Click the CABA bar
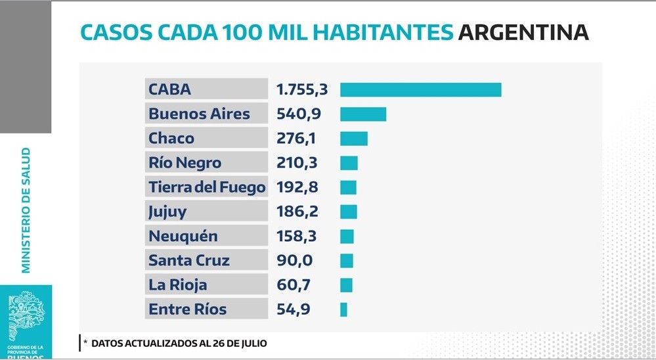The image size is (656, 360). (420, 90)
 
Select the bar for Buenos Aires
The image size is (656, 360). (363, 114)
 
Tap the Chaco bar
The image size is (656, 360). (354, 139)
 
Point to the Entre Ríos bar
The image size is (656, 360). (343, 309)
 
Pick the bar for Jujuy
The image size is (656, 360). (349, 212)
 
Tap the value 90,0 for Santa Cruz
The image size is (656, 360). (295, 261)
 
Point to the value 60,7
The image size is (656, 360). (294, 285)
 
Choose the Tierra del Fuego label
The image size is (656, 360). (207, 187)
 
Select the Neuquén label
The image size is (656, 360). (183, 236)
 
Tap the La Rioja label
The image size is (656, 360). (178, 285)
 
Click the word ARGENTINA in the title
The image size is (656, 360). (523, 32)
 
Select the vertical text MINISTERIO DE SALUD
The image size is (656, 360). (26, 210)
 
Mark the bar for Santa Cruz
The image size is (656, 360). (347, 261)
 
